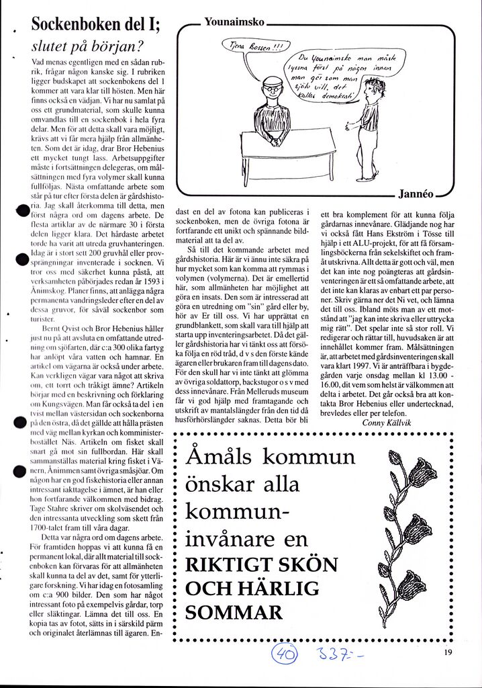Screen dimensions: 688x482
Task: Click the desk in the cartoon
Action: click(x=287, y=151)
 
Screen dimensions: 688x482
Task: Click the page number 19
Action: click(x=449, y=650)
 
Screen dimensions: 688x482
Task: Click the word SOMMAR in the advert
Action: click(x=234, y=612)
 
